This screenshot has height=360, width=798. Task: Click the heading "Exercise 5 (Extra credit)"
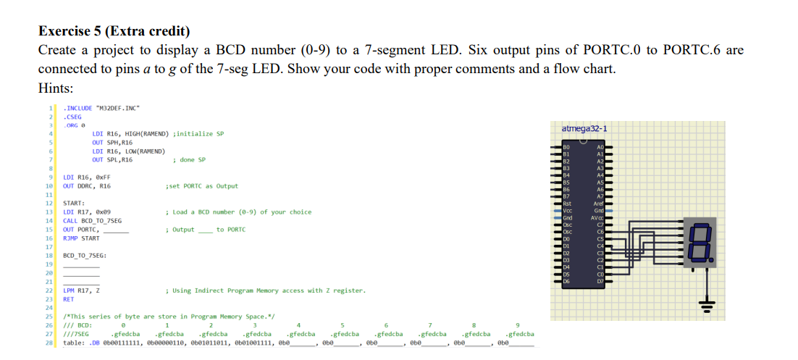[114, 31]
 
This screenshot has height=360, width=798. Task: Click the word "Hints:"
[56, 88]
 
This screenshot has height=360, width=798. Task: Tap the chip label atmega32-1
[584, 129]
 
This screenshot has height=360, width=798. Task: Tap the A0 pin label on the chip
[600, 147]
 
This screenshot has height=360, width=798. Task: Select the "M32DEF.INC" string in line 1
[117, 109]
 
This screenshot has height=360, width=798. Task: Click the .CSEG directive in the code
[73, 116]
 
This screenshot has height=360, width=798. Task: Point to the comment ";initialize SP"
[200, 134]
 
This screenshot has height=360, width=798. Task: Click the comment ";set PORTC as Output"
[202, 186]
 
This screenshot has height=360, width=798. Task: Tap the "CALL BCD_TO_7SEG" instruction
[93, 220]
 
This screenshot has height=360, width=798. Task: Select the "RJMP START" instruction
[82, 238]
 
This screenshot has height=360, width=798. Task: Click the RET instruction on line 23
[69, 298]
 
